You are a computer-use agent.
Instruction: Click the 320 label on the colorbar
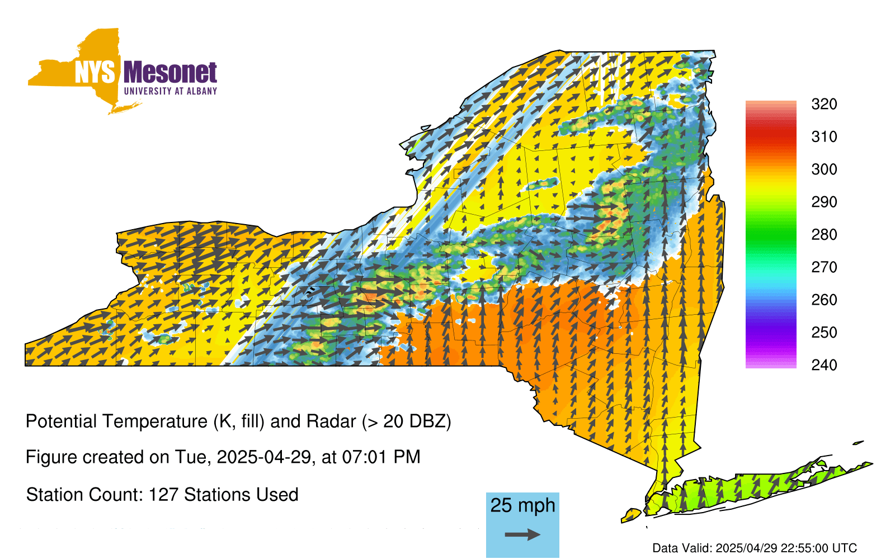tap(824, 104)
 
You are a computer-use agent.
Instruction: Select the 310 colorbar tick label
tap(824, 137)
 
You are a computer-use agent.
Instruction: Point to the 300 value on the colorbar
tap(824, 169)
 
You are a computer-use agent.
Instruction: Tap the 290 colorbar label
tap(824, 202)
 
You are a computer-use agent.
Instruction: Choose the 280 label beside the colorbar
tap(824, 234)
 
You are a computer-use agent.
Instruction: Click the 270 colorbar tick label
tap(824, 267)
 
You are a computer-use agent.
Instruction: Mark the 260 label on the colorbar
tap(824, 300)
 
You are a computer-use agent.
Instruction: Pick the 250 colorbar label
tap(824, 332)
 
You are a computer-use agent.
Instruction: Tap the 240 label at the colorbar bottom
tap(824, 365)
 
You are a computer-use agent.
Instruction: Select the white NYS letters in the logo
tap(95, 72)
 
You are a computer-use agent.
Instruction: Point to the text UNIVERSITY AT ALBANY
tap(171, 91)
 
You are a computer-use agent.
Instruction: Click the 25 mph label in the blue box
tap(522, 505)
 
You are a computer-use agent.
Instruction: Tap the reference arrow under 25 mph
tap(522, 534)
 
